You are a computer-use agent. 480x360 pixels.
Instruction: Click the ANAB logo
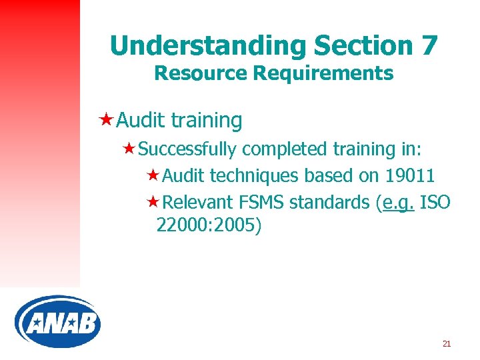click(x=57, y=321)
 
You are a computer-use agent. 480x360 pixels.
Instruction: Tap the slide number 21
click(x=447, y=344)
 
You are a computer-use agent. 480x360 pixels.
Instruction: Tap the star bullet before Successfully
click(x=129, y=149)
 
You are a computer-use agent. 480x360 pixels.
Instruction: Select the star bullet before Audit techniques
click(x=152, y=175)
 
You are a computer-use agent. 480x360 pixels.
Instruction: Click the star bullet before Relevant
click(x=152, y=201)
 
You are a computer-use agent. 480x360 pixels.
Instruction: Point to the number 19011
click(x=410, y=176)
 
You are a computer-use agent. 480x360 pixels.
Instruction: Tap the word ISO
click(x=435, y=202)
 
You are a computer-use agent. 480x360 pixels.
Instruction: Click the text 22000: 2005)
click(x=209, y=226)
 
